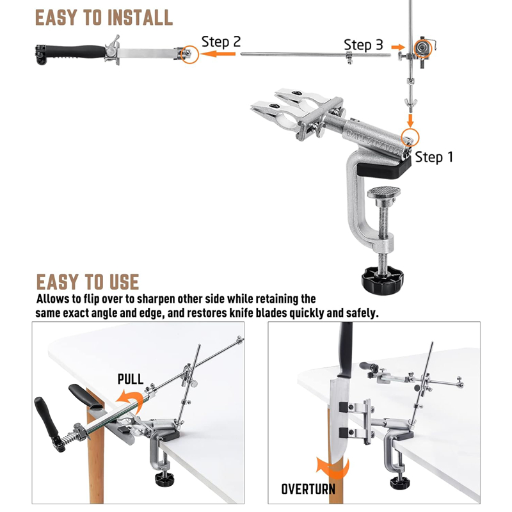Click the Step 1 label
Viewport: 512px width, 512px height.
pyautogui.click(x=434, y=157)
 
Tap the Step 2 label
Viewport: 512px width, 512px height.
pyautogui.click(x=221, y=42)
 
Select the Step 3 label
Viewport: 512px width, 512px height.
pyautogui.click(x=363, y=45)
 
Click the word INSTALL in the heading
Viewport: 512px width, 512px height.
pyautogui.click(x=140, y=18)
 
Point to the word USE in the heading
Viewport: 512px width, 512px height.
pyautogui.click(x=124, y=282)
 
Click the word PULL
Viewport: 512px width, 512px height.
pyautogui.click(x=131, y=379)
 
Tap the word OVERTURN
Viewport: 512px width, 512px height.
pyautogui.click(x=308, y=489)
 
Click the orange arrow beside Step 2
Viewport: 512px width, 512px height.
pyautogui.click(x=218, y=54)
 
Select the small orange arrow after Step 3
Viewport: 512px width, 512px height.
pyautogui.click(x=398, y=47)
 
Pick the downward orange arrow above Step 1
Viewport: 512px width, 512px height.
pyautogui.click(x=410, y=120)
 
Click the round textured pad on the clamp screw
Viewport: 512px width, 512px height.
pyautogui.click(x=383, y=193)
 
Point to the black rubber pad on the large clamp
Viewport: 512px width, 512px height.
pyautogui.click(x=384, y=168)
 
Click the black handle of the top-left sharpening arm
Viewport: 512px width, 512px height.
pyautogui.click(x=74, y=52)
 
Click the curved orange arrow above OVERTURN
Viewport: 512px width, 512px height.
pyautogui.click(x=332, y=467)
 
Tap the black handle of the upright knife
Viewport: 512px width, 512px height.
pyautogui.click(x=346, y=349)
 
